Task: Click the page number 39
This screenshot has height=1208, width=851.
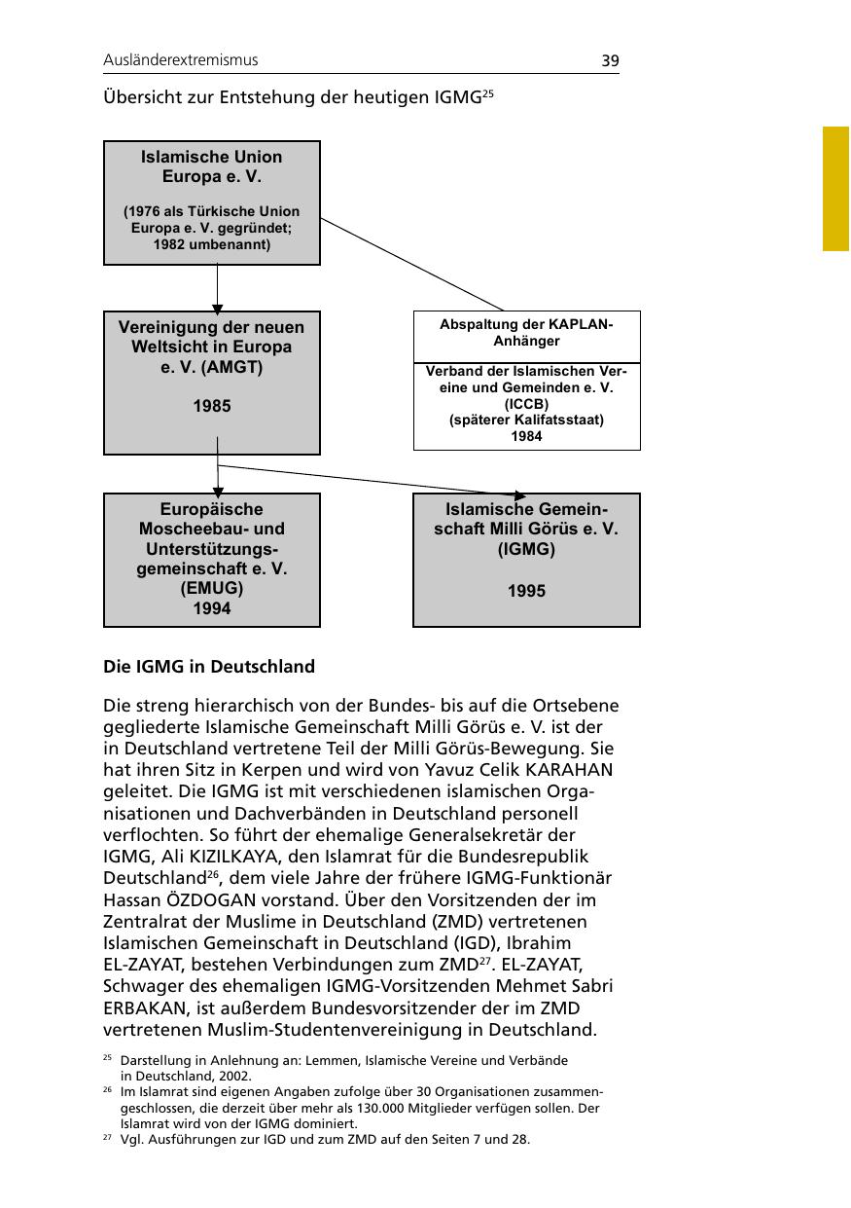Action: (610, 60)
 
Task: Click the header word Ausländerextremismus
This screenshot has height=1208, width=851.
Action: (181, 60)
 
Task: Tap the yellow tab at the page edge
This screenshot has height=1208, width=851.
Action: (835, 188)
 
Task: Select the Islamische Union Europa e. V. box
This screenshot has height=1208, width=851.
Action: (212, 201)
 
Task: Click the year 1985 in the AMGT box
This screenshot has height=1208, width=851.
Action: (212, 406)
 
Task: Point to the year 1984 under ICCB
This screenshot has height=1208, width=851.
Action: (526, 436)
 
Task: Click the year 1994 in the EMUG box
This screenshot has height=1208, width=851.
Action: (212, 608)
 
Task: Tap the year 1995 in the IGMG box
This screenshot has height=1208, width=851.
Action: (526, 590)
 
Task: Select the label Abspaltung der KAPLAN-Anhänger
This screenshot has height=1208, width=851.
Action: (526, 333)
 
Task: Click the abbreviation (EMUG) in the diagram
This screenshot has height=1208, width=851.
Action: (212, 588)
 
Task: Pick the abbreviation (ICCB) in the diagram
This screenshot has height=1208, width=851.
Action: (526, 403)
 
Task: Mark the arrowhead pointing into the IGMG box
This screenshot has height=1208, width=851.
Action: (519, 495)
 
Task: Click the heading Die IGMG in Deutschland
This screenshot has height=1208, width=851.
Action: (209, 667)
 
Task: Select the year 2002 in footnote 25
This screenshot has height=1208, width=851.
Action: (235, 1076)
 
